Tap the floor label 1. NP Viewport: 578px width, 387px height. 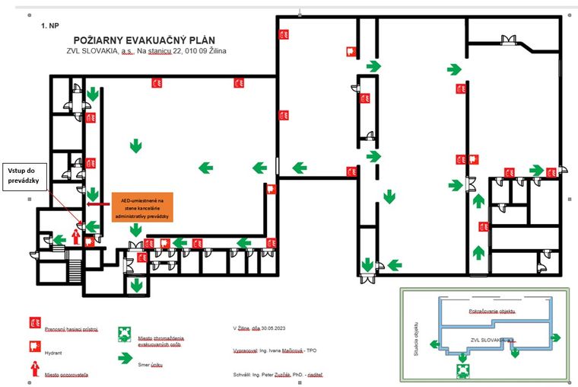pyautogui.click(x=49, y=25)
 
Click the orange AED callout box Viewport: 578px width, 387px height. pyautogui.click(x=141, y=206)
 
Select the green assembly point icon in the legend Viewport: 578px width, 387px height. pyautogui.click(x=123, y=333)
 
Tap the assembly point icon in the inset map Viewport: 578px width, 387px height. pyautogui.click(x=461, y=370)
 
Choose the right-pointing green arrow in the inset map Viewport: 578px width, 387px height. pyautogui.click(x=556, y=337)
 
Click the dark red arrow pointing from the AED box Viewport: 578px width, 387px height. pyautogui.click(x=99, y=204)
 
